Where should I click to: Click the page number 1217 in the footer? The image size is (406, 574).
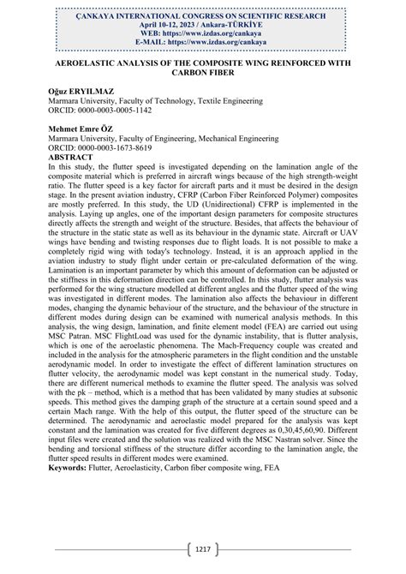203,549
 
